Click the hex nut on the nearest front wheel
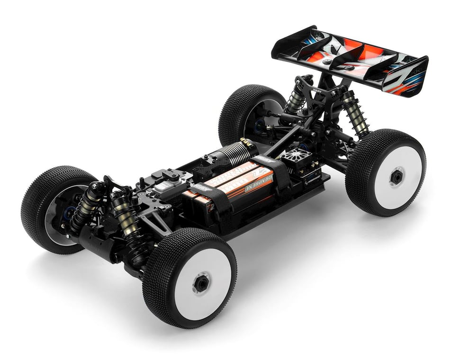tap(202, 283)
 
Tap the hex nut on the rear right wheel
tap(396, 177)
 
